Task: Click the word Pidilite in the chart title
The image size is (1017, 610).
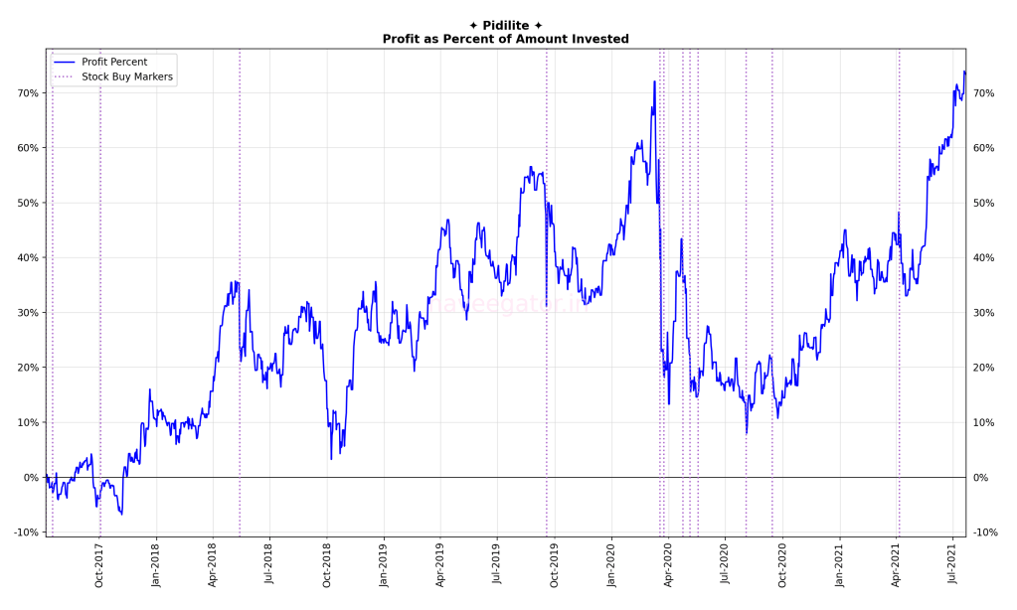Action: click(505, 26)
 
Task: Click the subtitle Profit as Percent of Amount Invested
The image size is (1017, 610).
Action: click(505, 39)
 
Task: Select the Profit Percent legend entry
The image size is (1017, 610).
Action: click(114, 62)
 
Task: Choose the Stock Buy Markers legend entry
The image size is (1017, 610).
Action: click(127, 76)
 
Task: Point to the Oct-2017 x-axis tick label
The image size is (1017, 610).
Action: click(99, 565)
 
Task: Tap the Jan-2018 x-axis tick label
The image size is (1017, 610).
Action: click(156, 565)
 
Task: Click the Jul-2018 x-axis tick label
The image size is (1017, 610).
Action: click(269, 565)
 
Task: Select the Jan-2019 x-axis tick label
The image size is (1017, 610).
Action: click(384, 565)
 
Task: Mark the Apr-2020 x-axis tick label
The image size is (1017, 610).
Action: click(668, 565)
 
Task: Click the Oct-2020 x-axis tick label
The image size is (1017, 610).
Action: click(782, 565)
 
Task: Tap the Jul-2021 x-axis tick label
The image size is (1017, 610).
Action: click(953, 565)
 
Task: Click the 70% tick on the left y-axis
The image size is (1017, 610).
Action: click(27, 93)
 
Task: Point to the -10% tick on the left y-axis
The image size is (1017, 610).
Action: click(25, 533)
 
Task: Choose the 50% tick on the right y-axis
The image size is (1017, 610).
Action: click(983, 203)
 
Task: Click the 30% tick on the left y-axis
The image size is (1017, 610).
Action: click(27, 313)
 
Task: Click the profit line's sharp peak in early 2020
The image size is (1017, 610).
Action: click(654, 82)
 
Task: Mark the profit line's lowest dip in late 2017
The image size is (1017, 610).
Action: click(121, 514)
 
